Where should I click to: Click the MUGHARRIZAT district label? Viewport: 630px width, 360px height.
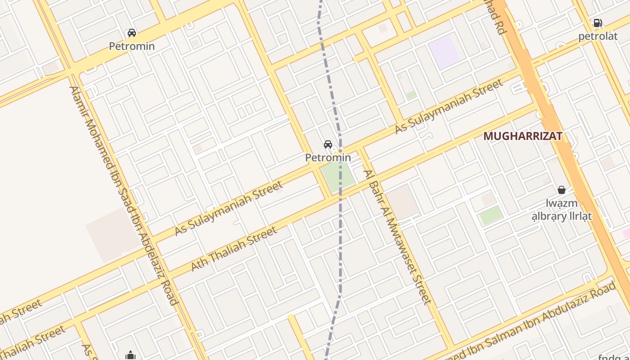(x=523, y=136)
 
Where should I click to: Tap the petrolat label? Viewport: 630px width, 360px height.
(x=598, y=36)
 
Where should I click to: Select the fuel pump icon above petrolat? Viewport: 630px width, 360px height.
(x=598, y=23)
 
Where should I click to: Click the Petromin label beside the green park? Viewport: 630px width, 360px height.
(x=328, y=157)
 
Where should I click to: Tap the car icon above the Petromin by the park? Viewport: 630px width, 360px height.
(x=328, y=144)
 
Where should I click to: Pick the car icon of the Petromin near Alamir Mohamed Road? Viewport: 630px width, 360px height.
(x=132, y=33)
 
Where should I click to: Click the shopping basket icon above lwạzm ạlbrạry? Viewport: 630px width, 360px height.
(x=562, y=190)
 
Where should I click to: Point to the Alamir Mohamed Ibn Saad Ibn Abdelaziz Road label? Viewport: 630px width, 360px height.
(x=124, y=196)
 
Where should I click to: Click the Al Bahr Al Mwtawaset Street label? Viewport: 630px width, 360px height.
(x=397, y=237)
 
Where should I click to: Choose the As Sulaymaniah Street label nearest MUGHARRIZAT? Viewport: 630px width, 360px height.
(x=449, y=107)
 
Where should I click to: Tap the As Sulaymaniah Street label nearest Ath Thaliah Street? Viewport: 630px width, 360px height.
(x=229, y=208)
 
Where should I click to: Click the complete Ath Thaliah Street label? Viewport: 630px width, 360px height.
(x=234, y=249)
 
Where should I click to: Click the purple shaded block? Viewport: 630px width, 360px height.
(x=444, y=52)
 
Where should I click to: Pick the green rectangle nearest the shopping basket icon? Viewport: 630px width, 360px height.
(x=491, y=216)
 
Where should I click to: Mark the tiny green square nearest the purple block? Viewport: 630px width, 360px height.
(x=411, y=95)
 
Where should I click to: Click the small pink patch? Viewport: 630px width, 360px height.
(x=626, y=233)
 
